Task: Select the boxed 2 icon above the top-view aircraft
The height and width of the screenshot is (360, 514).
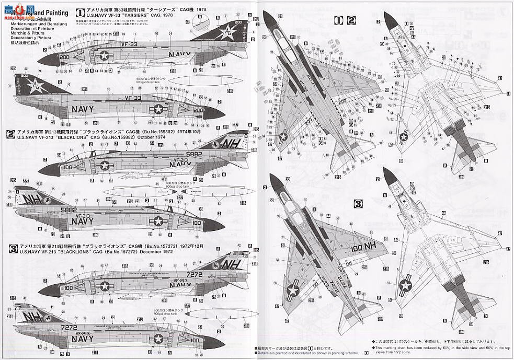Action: pyautogui.click(x=351, y=20)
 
